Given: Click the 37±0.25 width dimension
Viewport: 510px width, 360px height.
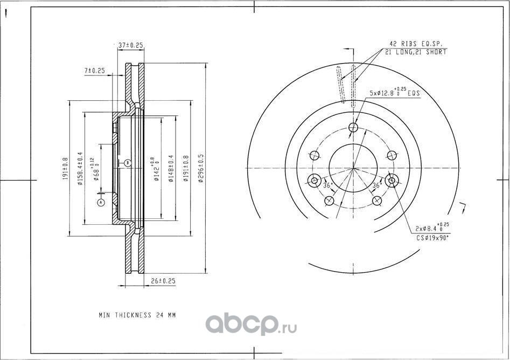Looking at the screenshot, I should pos(130,46).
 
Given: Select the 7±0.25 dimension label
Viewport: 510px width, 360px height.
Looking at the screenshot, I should pos(94,71).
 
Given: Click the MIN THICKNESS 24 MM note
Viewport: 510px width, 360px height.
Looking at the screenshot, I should pos(137,315).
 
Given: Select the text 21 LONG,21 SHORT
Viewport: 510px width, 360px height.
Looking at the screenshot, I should pos(415,52).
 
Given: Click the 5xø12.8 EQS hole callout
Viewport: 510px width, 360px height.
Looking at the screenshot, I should pos(395,93).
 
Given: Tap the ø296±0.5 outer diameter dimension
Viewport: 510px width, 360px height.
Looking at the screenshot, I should pos(201,169).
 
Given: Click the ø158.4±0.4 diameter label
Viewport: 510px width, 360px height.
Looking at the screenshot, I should pos(79,169).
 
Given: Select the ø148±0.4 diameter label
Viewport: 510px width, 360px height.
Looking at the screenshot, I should pos(171,169).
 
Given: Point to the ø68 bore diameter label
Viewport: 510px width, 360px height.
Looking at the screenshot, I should pos(96,169).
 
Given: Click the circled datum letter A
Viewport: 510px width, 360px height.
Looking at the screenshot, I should pos(100,202).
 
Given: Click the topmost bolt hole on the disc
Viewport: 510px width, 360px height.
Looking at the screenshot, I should pos(353,128).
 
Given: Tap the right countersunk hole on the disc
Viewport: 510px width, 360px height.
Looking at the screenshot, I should pos(392,181).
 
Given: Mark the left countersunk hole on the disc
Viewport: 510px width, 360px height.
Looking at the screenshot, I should pos(315,181).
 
